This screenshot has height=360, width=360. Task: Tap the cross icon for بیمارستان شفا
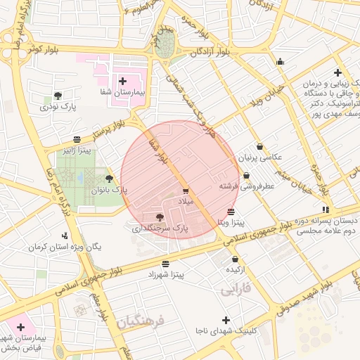pyautogui.click(x=123, y=82)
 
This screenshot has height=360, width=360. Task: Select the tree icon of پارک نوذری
pyautogui.click(x=58, y=95)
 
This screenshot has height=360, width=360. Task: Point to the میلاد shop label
pyautogui.click(x=186, y=201)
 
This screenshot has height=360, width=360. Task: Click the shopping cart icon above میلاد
pyautogui.click(x=186, y=191)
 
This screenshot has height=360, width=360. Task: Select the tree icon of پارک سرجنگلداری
pyautogui.click(x=160, y=217)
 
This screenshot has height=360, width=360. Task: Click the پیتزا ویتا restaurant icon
pyautogui.click(x=231, y=212)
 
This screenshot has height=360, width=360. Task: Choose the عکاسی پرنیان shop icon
pyautogui.click(x=260, y=147)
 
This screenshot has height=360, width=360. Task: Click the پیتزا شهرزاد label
pyautogui.click(x=166, y=275)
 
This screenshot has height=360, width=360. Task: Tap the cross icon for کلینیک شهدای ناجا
pyautogui.click(x=226, y=320)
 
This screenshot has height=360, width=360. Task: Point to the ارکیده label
pyautogui.click(x=236, y=269)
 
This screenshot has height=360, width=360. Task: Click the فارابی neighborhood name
pyautogui.click(x=236, y=288)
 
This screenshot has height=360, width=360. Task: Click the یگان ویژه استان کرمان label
pyautogui.click(x=65, y=247)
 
